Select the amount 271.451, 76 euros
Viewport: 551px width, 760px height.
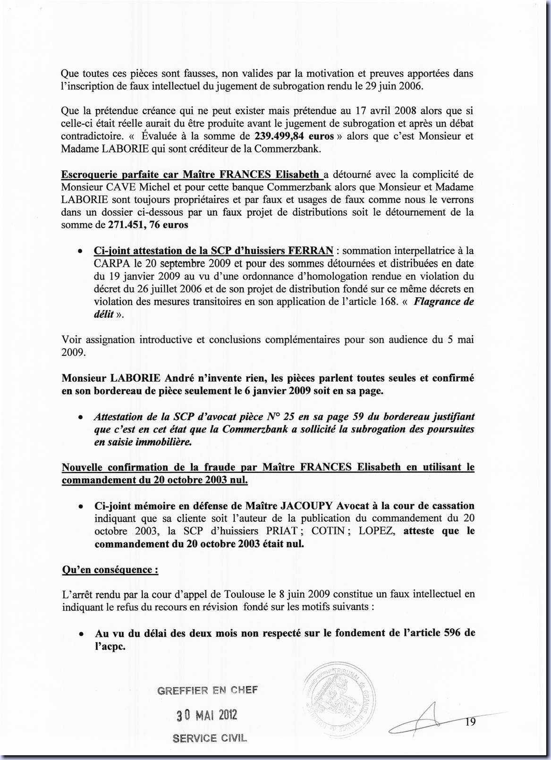point(148,225)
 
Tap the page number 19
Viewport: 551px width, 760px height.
point(470,722)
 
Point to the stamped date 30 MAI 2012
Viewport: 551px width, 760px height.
point(207,715)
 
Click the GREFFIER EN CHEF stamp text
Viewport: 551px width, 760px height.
point(208,691)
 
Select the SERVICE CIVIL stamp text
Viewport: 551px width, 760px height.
point(210,738)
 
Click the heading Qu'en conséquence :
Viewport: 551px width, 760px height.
point(110,570)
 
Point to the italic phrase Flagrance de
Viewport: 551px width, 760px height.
point(443,302)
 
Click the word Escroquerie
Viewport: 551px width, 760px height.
point(89,175)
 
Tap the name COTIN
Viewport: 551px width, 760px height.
point(328,531)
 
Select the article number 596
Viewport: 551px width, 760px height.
point(453,633)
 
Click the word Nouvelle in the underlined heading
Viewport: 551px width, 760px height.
point(81,467)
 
